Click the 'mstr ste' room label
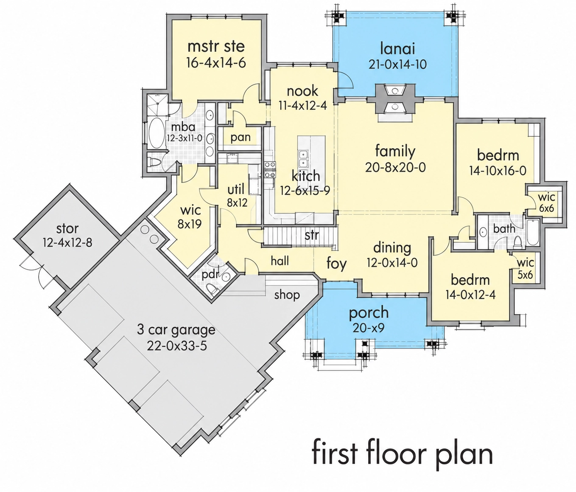(x=216, y=47)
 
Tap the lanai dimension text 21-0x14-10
(x=398, y=65)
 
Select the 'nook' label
(x=302, y=91)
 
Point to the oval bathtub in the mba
(x=157, y=134)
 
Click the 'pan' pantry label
(x=240, y=138)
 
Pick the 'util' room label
(x=236, y=190)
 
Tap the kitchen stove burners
(x=270, y=169)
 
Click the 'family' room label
(x=395, y=152)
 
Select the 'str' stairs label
(x=312, y=235)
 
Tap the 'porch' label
(x=369, y=313)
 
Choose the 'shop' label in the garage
(x=287, y=295)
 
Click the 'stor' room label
(x=67, y=229)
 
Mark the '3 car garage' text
(x=176, y=330)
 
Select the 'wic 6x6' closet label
(x=546, y=202)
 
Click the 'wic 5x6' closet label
(x=525, y=269)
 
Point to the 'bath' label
(x=504, y=229)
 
